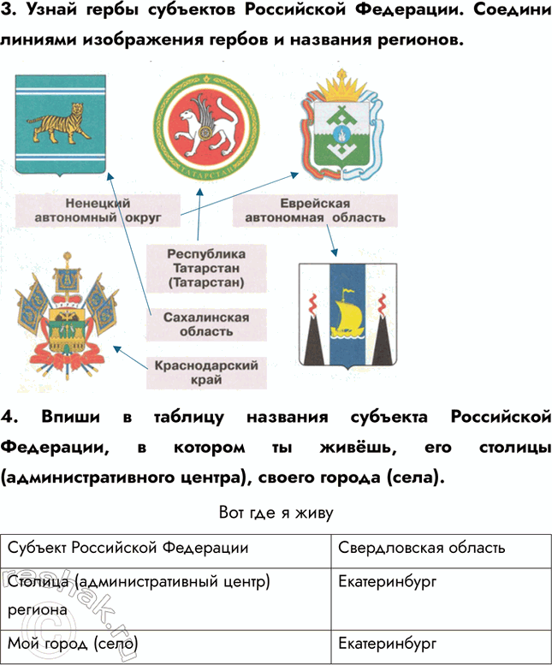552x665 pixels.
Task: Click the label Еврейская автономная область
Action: pyautogui.click(x=315, y=211)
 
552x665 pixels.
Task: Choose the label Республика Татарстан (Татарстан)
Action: pyautogui.click(x=205, y=267)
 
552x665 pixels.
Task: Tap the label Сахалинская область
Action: pyautogui.click(x=205, y=324)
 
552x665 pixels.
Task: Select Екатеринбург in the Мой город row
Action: pyautogui.click(x=387, y=642)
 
